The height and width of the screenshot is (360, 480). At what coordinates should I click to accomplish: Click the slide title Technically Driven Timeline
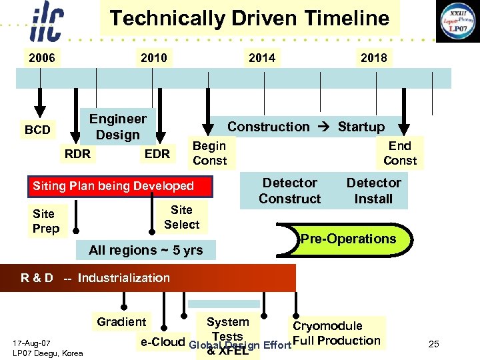tap(249, 18)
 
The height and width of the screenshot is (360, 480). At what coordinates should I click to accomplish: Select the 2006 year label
tap(41, 58)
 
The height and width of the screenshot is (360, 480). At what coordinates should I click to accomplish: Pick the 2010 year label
tap(154, 58)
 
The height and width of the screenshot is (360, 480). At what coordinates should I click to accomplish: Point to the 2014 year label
tap(261, 58)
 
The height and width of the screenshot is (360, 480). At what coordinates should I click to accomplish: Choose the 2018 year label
tap(373, 58)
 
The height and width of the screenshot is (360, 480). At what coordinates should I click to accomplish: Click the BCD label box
tap(37, 129)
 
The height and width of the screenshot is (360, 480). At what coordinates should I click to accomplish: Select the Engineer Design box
tap(117, 127)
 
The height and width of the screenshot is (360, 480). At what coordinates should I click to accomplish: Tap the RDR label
tap(77, 154)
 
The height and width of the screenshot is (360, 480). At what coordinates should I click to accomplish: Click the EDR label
tap(157, 154)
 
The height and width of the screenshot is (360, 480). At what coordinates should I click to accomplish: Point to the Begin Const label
tap(209, 153)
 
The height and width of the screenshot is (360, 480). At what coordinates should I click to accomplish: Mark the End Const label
tap(400, 153)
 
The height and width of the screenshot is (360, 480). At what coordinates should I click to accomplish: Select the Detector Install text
tap(373, 191)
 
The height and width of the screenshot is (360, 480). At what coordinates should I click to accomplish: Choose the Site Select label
tap(181, 217)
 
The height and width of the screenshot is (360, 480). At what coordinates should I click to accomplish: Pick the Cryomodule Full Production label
tap(336, 333)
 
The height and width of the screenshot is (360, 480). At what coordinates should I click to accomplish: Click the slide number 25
tap(434, 344)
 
